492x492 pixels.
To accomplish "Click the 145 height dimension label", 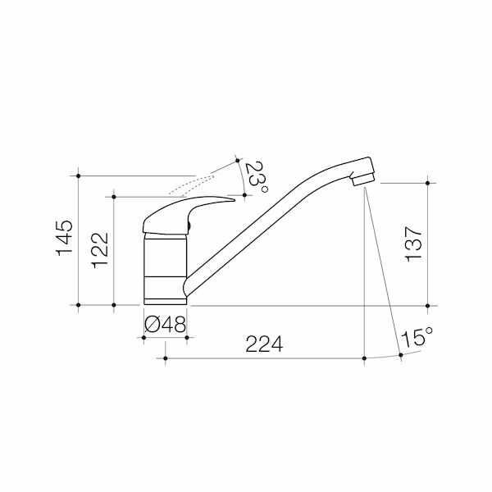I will click(x=66, y=238).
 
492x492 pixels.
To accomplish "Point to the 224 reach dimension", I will click(x=265, y=346).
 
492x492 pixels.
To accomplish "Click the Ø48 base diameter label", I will click(x=165, y=325).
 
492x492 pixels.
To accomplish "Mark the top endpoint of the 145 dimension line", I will click(x=78, y=175).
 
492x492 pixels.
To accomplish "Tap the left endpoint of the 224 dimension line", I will click(x=166, y=358).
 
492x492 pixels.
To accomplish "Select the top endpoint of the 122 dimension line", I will click(x=113, y=196).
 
